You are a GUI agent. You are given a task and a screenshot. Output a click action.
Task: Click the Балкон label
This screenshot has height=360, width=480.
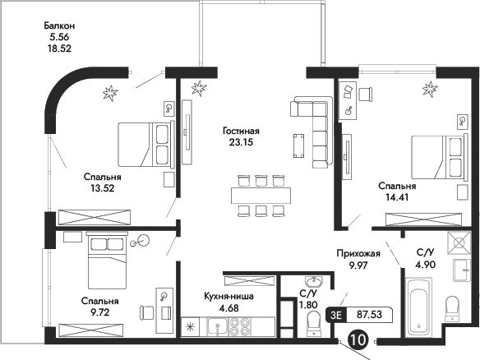(x=61, y=25)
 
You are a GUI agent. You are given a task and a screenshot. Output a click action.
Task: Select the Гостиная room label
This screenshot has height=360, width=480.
(x=241, y=131)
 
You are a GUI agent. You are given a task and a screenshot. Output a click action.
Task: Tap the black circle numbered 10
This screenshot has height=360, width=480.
(x=358, y=339)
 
